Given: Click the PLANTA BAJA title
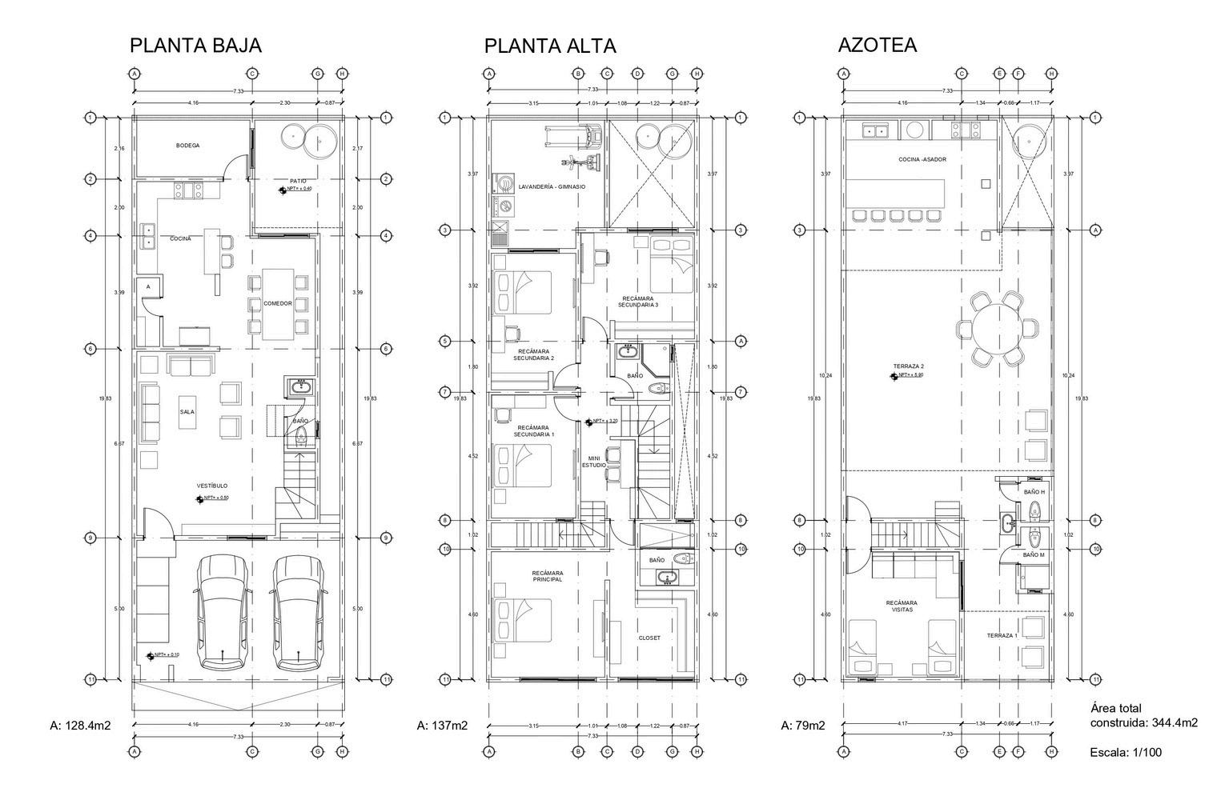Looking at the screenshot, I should [195, 46].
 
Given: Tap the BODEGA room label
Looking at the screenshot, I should [187, 146].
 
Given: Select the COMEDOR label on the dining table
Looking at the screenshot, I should [278, 304].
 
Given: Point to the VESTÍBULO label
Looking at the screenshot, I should [212, 486].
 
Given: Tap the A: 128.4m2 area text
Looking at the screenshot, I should [80, 726].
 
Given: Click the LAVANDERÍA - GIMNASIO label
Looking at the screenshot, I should [552, 187].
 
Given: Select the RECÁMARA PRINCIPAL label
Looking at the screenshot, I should [548, 576].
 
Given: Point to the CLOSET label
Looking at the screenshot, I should [649, 638].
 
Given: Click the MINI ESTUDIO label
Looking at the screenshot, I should [593, 461].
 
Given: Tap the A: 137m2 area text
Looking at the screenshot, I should [442, 726].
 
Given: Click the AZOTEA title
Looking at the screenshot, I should [877, 46].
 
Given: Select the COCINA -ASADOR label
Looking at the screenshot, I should [922, 159].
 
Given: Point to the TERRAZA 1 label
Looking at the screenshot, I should [1002, 635].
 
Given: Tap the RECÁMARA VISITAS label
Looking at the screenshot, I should [902, 606].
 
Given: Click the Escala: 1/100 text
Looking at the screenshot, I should [1125, 752].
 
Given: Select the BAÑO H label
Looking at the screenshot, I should [1034, 492].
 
